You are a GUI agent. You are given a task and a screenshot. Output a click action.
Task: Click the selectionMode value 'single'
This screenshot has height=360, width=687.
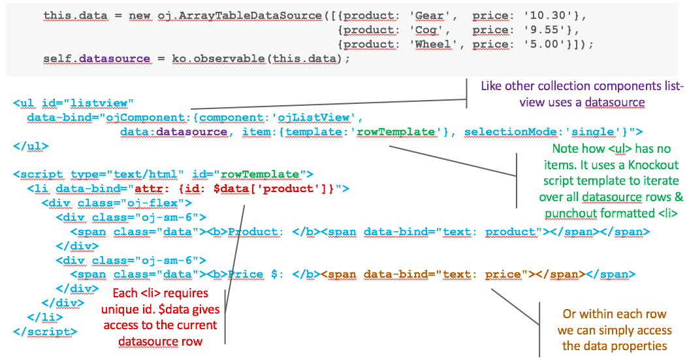(x=596, y=131)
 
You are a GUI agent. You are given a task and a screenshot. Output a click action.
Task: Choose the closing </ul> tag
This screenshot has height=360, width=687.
(x=30, y=146)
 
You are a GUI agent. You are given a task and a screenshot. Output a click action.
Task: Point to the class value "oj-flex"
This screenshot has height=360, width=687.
(x=139, y=203)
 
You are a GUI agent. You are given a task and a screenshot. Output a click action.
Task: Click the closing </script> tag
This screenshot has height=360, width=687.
(x=44, y=331)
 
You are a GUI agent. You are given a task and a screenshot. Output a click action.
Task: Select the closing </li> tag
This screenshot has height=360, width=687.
(x=44, y=317)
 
